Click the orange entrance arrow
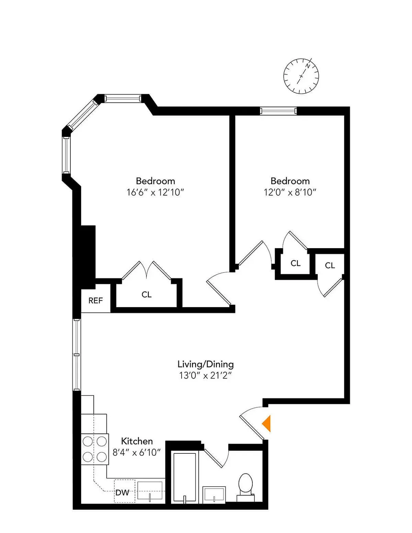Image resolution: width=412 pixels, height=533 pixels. point(267,423)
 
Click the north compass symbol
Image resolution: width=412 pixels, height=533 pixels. point(301,76)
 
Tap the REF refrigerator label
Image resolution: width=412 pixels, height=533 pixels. point(95,301)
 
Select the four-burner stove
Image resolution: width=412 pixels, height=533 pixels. point(95,449)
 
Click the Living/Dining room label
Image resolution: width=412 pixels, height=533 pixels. point(205,364)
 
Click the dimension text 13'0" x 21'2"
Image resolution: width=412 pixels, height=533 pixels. point(205,375)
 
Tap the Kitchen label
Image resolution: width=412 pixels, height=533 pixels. point(137,441)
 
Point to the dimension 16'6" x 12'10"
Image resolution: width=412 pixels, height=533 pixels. point(155,192)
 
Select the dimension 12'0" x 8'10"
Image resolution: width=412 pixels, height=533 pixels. point(290,192)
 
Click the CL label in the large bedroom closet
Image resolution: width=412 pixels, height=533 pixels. point(147,294)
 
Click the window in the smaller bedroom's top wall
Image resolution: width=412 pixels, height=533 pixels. point(278,111)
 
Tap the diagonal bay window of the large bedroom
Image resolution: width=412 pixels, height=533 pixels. point(82,114)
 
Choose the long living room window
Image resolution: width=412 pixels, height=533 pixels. point(77,355)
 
